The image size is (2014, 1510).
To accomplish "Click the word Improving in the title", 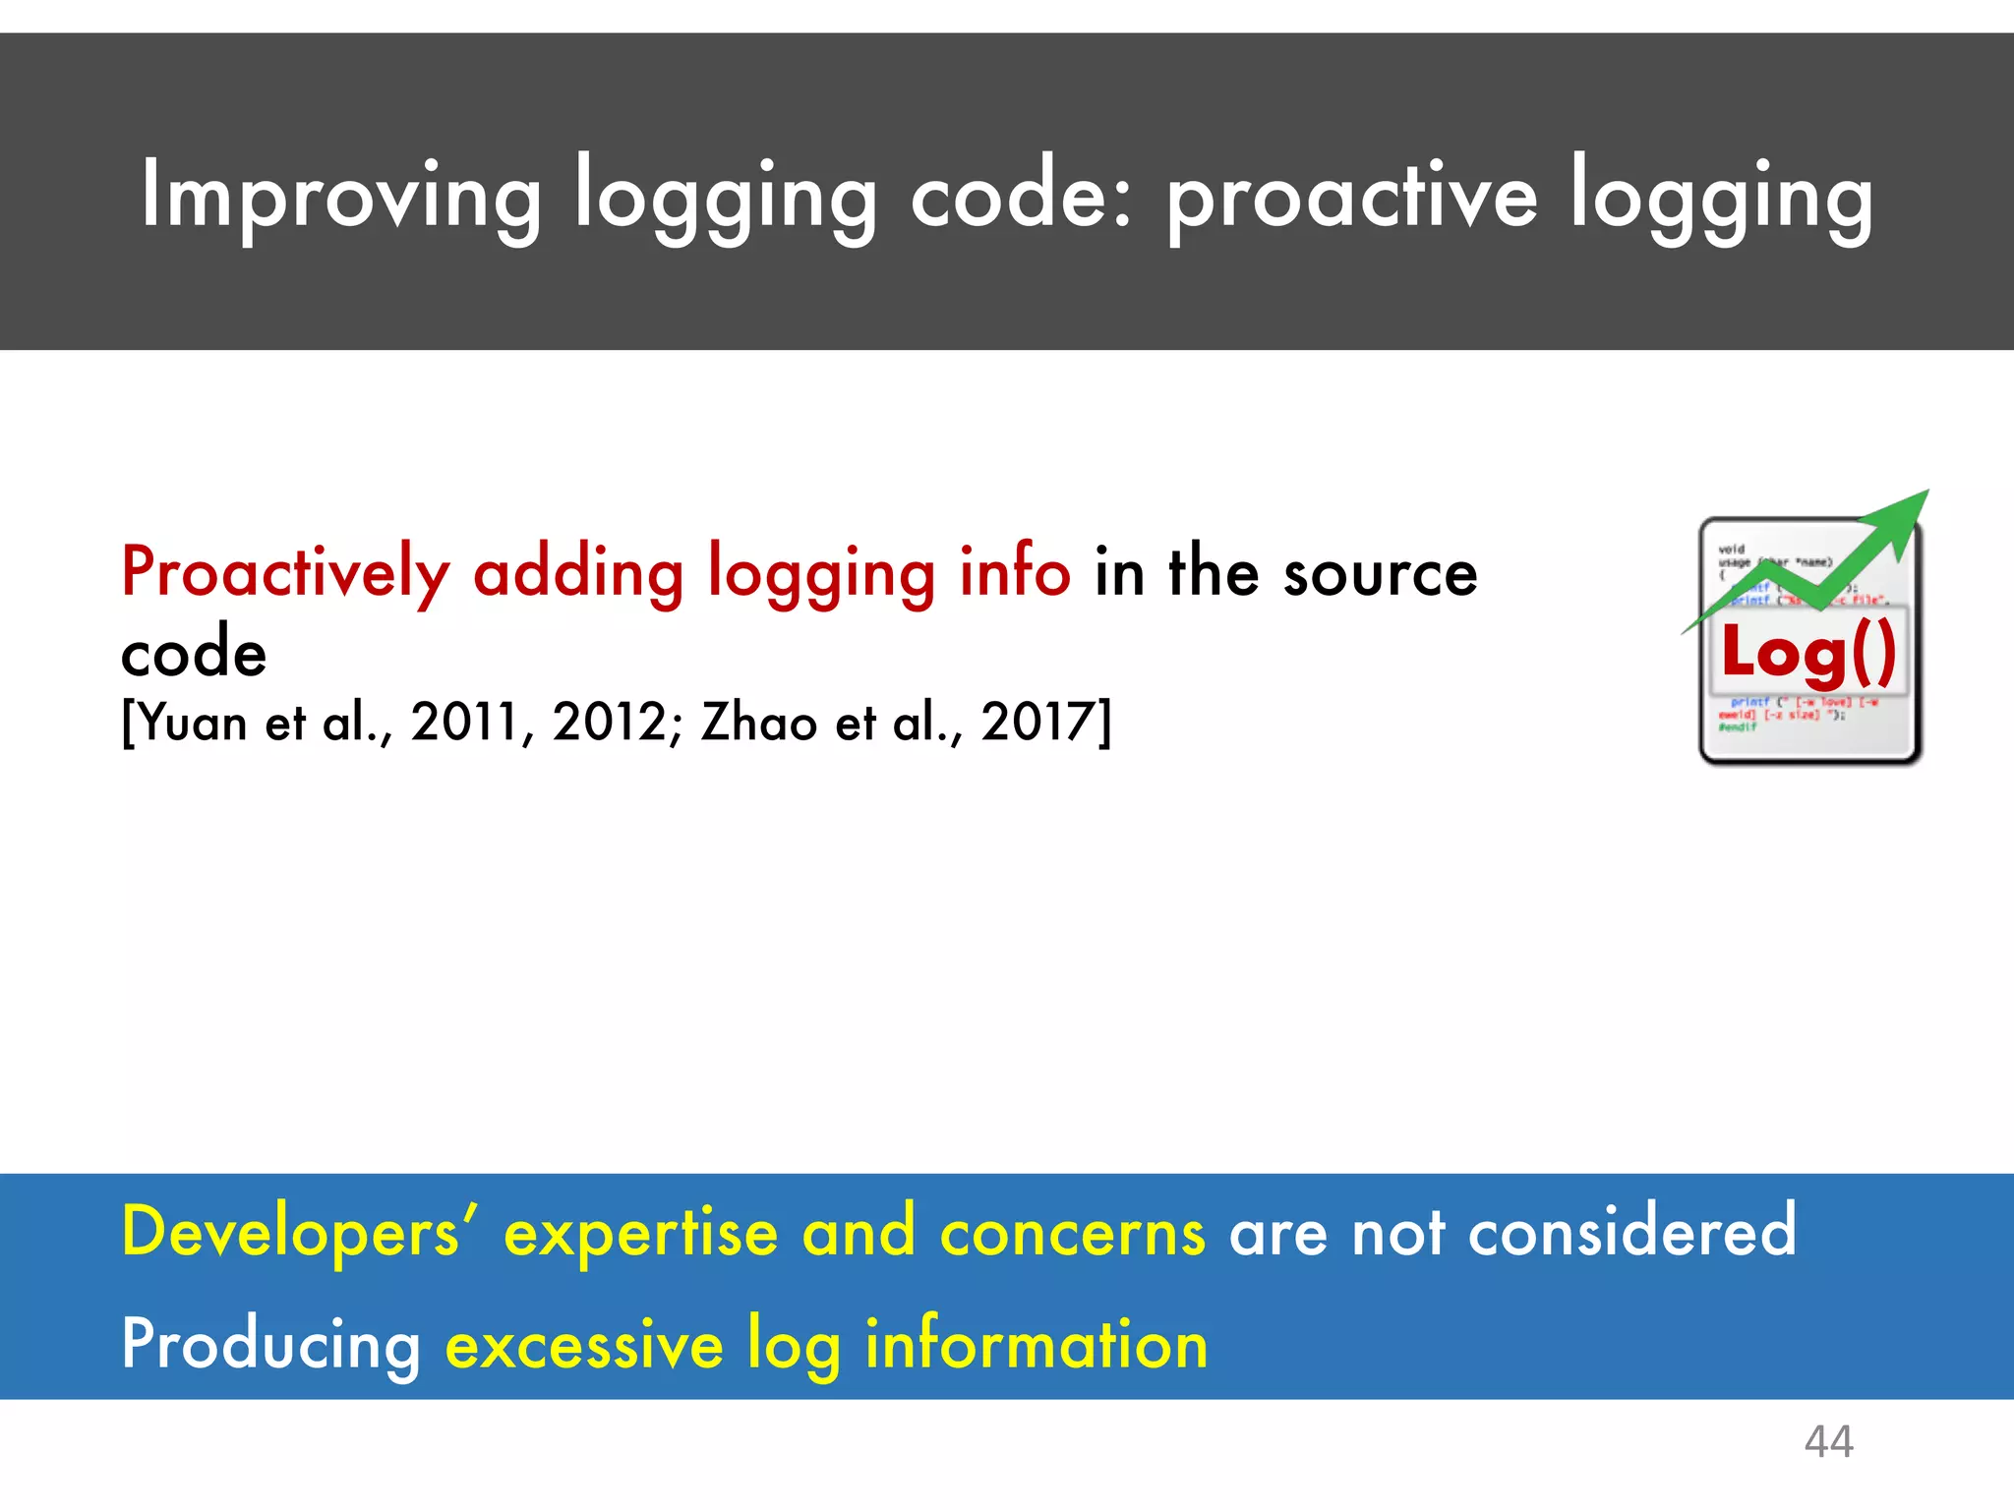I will click(x=340, y=197).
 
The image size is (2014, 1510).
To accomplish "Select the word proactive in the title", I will click(x=1352, y=197).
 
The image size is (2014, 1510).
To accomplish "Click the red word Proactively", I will click(x=285, y=573).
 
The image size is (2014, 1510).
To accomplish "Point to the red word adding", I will click(x=578, y=573).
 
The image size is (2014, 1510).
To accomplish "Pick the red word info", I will click(x=1015, y=573).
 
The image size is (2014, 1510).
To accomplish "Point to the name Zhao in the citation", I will click(x=759, y=723).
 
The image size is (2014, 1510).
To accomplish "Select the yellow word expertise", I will click(x=640, y=1232).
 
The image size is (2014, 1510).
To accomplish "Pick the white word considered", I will click(x=1631, y=1232).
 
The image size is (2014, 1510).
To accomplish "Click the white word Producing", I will click(x=270, y=1345).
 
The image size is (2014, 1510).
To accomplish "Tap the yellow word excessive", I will click(x=584, y=1345).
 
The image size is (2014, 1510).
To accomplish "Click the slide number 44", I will click(x=1828, y=1442).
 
